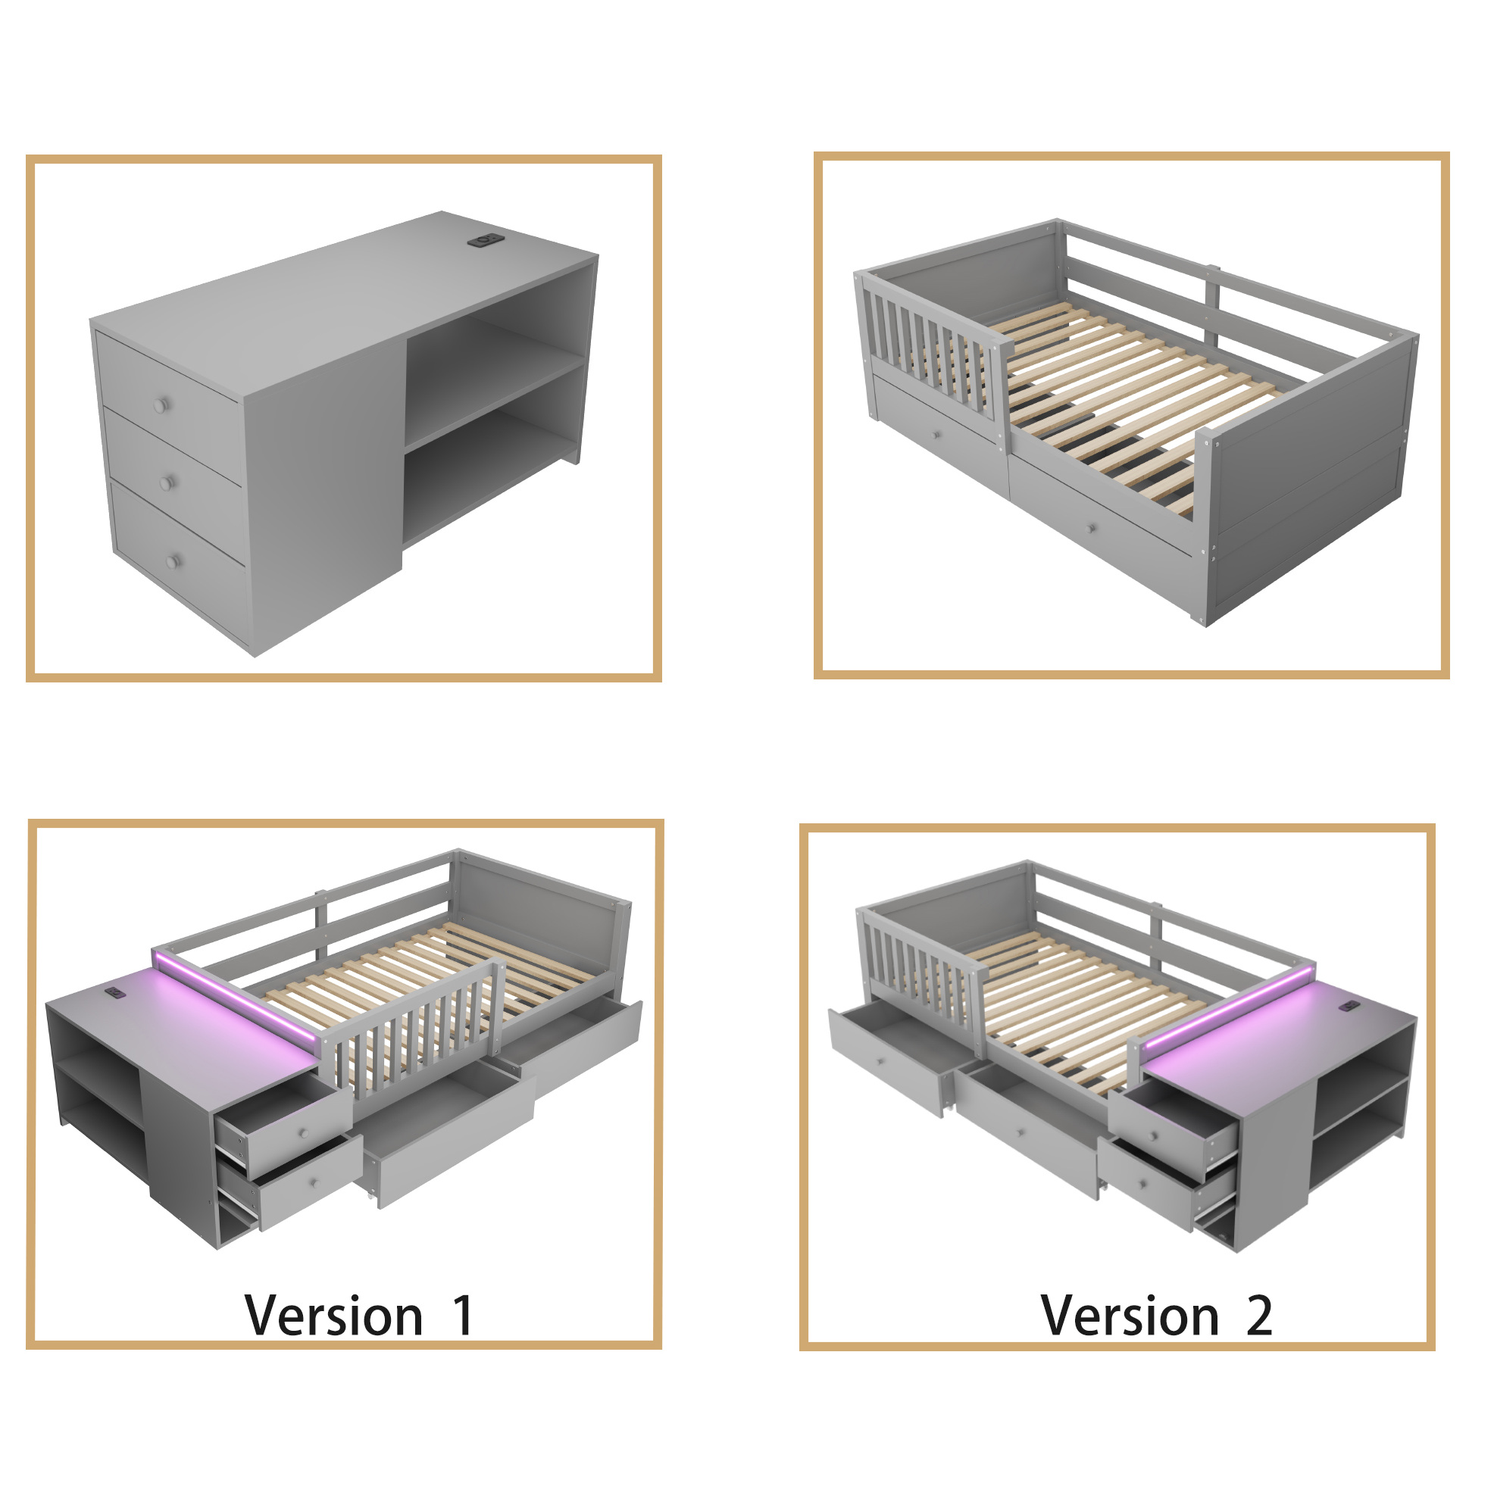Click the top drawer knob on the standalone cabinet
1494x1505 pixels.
click(x=161, y=405)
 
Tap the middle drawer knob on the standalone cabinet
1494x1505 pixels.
click(x=166, y=483)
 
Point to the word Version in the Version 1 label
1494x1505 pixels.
click(x=333, y=1316)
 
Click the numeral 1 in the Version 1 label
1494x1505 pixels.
click(x=464, y=1315)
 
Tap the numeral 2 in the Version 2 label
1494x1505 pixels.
click(x=1258, y=1316)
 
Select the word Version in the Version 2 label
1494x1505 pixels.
click(x=1130, y=1316)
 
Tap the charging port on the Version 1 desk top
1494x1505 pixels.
click(x=115, y=992)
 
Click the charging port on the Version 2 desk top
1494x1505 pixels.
click(x=1348, y=1007)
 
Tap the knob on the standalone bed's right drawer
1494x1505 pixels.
click(x=1094, y=529)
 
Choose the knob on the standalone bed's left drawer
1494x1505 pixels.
click(x=936, y=435)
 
